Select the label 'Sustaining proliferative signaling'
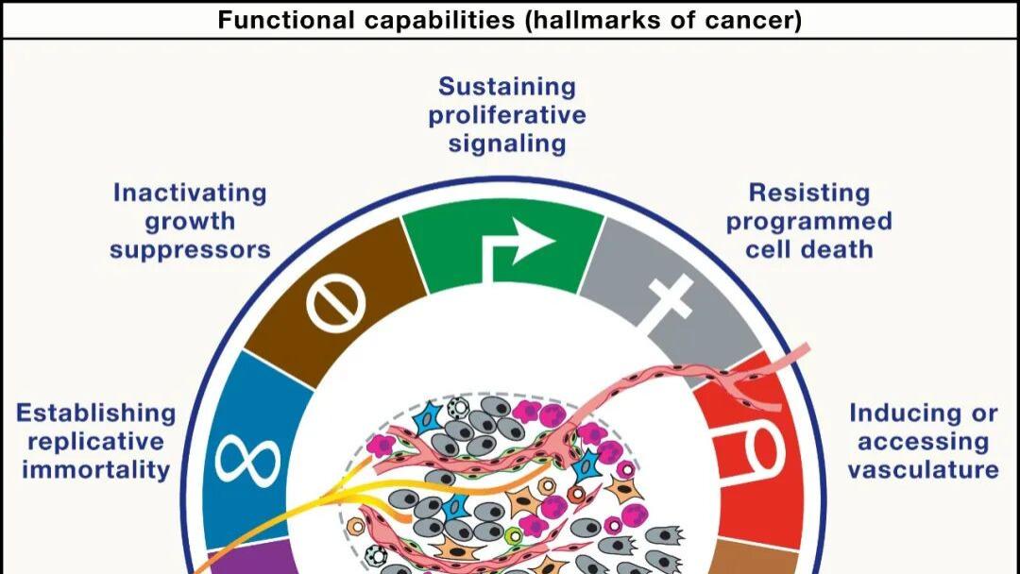pyautogui.click(x=507, y=115)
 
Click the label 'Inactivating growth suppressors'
pyautogui.click(x=190, y=221)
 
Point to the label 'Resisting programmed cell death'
pyautogui.click(x=808, y=221)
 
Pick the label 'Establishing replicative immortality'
pyautogui.click(x=95, y=442)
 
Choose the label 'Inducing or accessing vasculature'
pyautogui.click(x=923, y=442)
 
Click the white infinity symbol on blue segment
pyautogui.click(x=247, y=463)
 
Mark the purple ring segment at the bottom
pyautogui.click(x=247, y=558)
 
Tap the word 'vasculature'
pyautogui.click(x=923, y=469)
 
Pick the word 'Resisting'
pyautogui.click(x=809, y=194)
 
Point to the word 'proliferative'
pyautogui.click(x=507, y=116)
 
